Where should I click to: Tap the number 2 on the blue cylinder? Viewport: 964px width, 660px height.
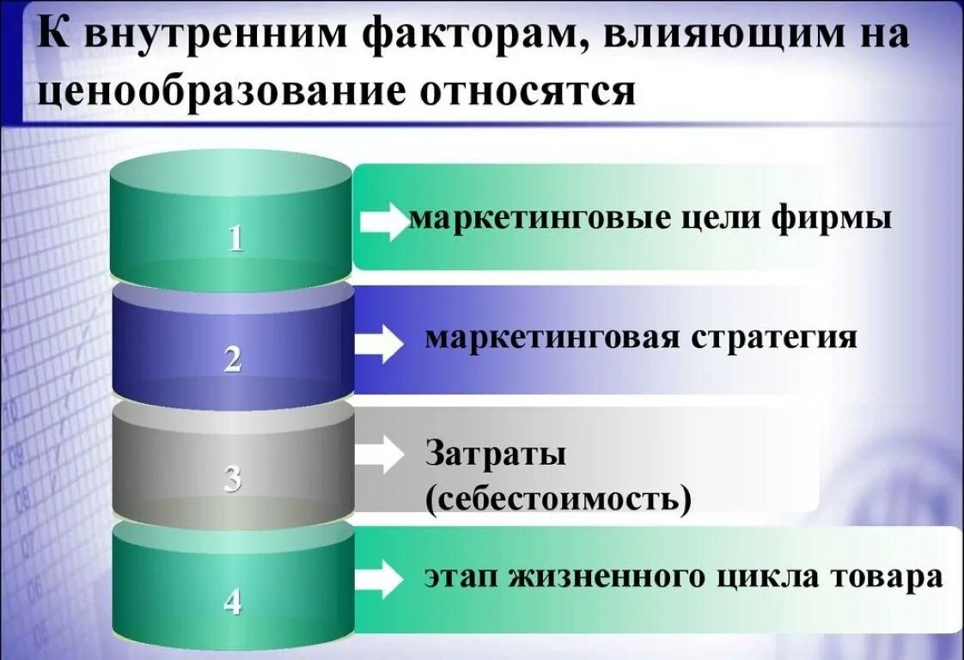point(233,358)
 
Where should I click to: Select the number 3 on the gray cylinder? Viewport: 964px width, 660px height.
point(233,478)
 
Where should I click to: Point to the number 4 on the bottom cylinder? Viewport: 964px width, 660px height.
point(233,601)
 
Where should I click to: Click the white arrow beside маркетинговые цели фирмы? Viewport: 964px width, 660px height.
point(382,222)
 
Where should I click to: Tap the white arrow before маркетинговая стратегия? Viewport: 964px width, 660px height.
point(379,345)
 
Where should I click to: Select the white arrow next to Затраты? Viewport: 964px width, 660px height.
point(379,454)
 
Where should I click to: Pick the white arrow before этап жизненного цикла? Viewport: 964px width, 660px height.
point(379,579)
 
